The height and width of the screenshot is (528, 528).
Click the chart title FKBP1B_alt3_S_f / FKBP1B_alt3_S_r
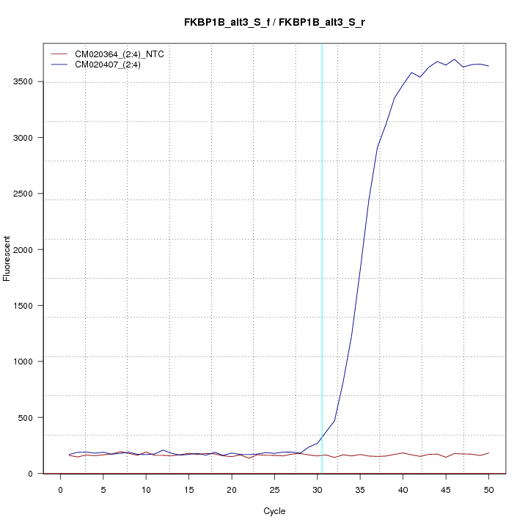tap(275, 23)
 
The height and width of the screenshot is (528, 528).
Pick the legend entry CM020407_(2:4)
tap(113, 65)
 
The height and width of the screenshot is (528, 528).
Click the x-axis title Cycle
tap(274, 511)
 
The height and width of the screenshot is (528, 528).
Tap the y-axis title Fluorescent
tap(8, 258)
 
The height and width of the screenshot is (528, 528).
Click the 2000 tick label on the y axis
tap(24, 249)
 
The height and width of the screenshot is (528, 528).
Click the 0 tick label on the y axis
tap(31, 473)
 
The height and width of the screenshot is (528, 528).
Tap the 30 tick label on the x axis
tap(318, 489)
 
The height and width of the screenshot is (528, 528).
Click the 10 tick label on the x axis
tap(146, 489)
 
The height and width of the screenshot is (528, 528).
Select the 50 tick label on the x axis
tap(488, 489)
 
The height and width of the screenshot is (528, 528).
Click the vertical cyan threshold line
tap(322, 257)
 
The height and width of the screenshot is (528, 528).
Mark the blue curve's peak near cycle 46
tap(455, 59)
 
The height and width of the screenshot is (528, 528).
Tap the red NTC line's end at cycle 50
tap(488, 453)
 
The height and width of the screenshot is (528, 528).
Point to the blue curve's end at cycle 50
tap(488, 66)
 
